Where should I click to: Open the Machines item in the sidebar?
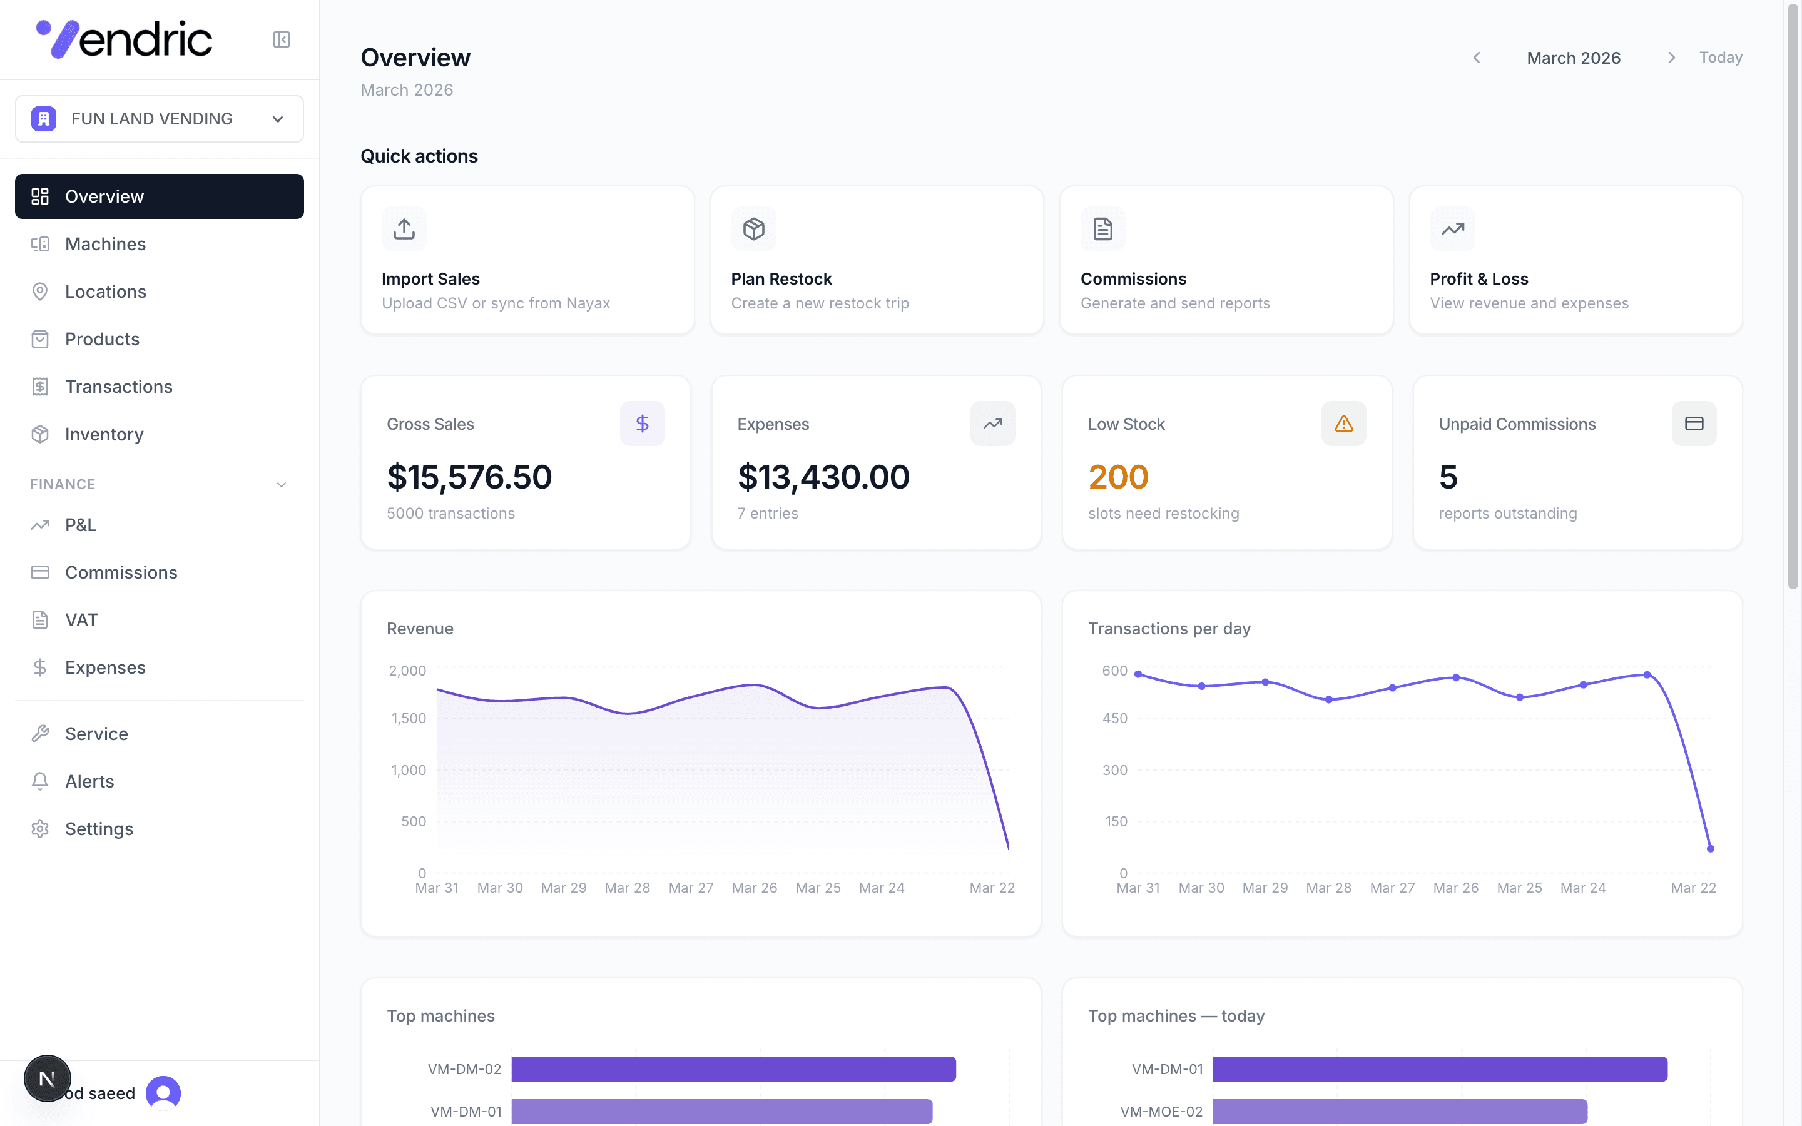coord(105,244)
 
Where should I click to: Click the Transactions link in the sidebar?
coord(118,387)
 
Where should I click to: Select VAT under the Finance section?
coord(81,621)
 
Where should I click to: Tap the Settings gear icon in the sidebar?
coord(40,829)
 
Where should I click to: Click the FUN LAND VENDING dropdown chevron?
coord(278,119)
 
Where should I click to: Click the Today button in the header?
coord(1720,58)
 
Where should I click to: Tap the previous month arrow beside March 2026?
coord(1477,58)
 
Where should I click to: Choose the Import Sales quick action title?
coord(430,279)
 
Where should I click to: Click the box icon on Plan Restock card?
coord(753,228)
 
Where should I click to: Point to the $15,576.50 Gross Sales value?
coord(469,477)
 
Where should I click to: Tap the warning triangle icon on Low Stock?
coord(1343,424)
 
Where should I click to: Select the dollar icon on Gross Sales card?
coord(642,424)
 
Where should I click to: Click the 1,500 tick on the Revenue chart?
coord(409,719)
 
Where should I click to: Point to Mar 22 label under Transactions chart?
coord(1693,888)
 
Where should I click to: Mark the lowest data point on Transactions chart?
coord(1711,848)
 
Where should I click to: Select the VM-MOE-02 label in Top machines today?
coord(1161,1112)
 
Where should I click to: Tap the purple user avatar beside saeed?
coord(163,1092)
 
